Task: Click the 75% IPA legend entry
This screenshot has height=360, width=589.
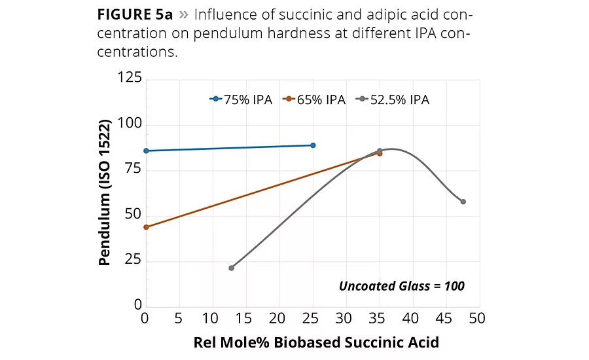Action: [x=238, y=99]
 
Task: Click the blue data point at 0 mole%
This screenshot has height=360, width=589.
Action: [x=146, y=151]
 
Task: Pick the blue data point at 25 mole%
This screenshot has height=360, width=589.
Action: [x=313, y=145]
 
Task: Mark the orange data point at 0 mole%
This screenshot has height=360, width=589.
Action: [x=146, y=227]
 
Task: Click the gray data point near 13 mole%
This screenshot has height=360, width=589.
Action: [x=231, y=268]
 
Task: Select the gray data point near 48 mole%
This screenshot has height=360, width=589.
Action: [x=463, y=202]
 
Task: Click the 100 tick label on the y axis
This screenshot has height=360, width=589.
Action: [x=129, y=125]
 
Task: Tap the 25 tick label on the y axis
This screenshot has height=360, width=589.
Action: [x=133, y=261]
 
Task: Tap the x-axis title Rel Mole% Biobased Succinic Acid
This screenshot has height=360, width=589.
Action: [x=315, y=342]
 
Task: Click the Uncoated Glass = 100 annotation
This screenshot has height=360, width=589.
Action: [x=401, y=285]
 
